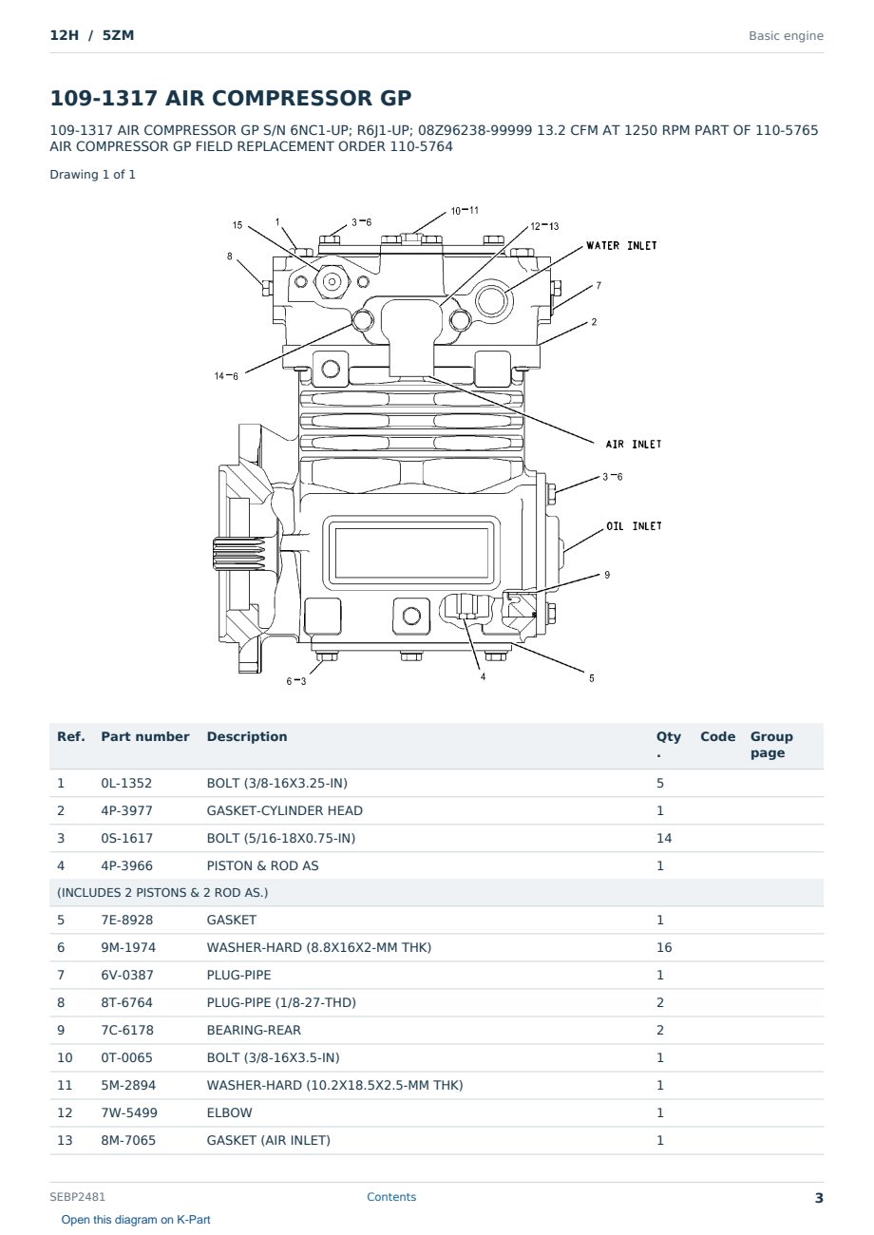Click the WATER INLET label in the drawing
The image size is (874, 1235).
click(621, 245)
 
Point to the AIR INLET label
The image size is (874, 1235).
click(633, 444)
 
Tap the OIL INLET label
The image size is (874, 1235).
click(634, 526)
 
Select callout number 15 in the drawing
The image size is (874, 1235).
click(237, 225)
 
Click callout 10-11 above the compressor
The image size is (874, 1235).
click(465, 211)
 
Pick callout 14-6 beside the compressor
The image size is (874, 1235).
click(226, 376)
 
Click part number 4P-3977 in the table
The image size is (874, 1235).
click(127, 810)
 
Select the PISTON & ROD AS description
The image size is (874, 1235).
click(262, 865)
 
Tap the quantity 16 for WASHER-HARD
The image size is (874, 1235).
click(664, 947)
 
